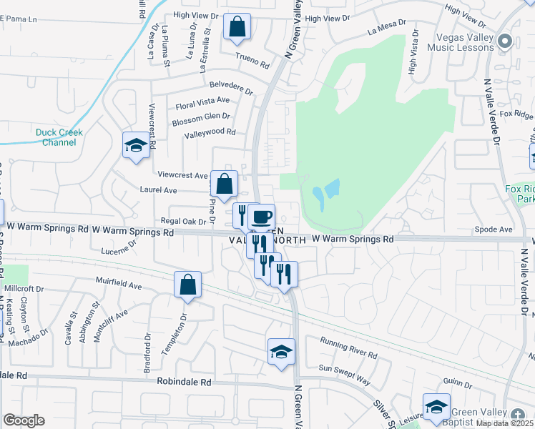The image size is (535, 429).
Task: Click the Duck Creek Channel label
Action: tap(59, 137)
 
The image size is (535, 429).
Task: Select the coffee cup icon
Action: tap(262, 216)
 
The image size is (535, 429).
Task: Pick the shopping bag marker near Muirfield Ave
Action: tap(187, 285)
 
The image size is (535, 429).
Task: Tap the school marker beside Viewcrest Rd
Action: tap(135, 146)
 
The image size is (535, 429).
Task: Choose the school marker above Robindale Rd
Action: tap(281, 351)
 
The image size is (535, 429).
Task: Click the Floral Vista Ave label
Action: tap(202, 104)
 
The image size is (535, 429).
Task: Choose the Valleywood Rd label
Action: tap(210, 132)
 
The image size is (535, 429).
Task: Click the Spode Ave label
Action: tap(494, 230)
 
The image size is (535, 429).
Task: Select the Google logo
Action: tap(24, 420)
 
